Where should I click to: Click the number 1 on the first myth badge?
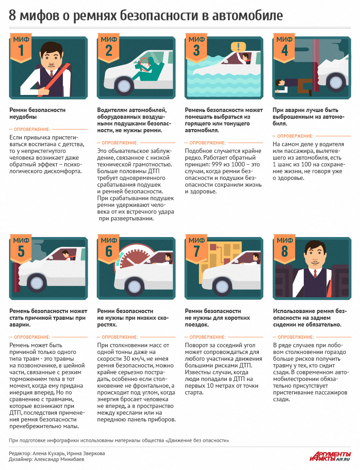(x=21, y=51)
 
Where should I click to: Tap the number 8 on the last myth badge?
(x=284, y=251)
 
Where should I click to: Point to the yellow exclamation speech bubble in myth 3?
(x=238, y=47)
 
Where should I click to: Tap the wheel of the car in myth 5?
(x=36, y=283)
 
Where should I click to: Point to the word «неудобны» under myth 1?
(x=23, y=117)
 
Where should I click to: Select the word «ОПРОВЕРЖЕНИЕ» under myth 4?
(x=295, y=136)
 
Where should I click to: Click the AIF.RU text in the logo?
(x=343, y=459)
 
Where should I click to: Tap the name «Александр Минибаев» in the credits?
(x=59, y=459)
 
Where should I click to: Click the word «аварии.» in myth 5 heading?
(x=20, y=325)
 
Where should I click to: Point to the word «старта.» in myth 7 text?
(x=194, y=393)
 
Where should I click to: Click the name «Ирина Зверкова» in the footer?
(x=86, y=453)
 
